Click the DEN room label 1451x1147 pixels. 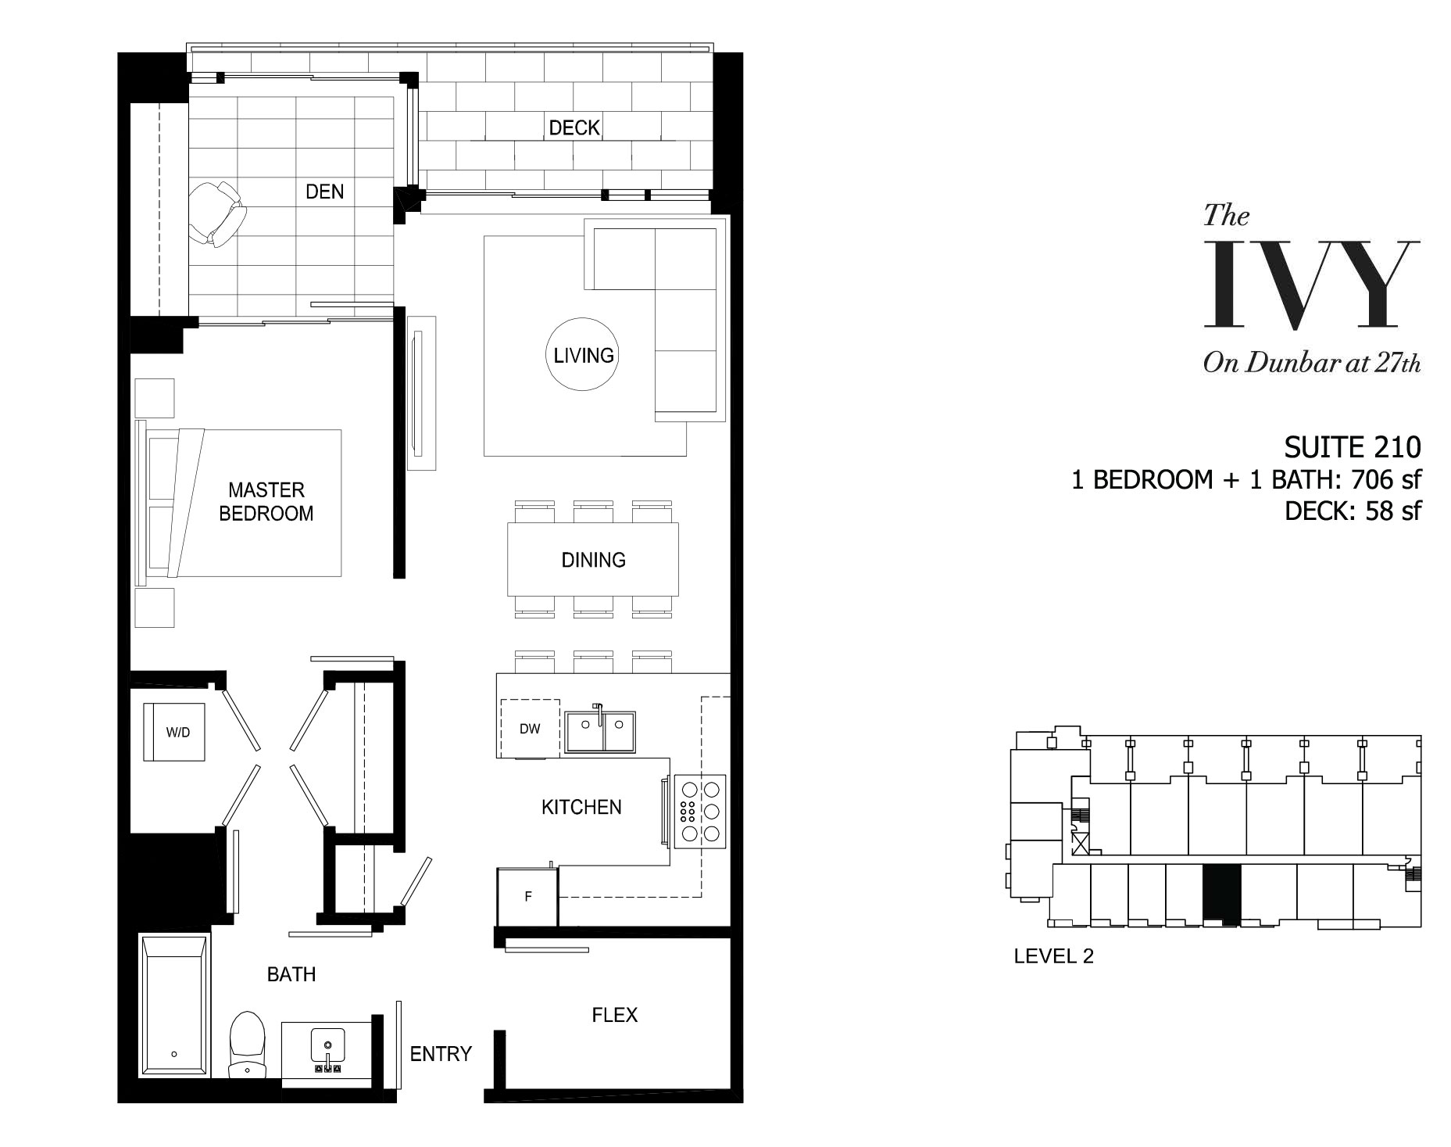pos(324,192)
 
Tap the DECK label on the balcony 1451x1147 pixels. pos(574,127)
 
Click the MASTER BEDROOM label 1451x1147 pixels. pos(266,501)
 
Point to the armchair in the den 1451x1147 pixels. pos(216,213)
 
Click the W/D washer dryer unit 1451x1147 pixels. pos(174,732)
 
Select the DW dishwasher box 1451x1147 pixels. pos(530,729)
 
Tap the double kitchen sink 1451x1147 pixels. pos(600,731)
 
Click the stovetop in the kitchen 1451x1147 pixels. pos(699,810)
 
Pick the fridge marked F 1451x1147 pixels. pos(528,896)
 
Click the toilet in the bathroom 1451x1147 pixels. pos(248,1045)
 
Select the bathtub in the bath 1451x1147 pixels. pos(174,1005)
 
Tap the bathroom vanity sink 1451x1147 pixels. pos(327,1049)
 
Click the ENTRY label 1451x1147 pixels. pos(441,1054)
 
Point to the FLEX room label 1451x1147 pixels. pos(614,1015)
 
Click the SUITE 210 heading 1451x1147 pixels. pos(1353,447)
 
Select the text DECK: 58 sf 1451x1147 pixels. pos(1353,511)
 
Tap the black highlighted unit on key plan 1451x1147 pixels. pos(1221,894)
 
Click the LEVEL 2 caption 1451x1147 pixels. pos(1053,955)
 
